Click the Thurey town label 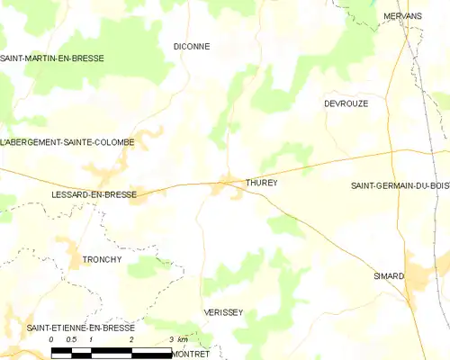point(261,183)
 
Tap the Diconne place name point(191,46)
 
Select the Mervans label point(402,16)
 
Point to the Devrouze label point(346,103)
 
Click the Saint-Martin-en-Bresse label point(52,58)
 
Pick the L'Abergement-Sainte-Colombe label point(67,142)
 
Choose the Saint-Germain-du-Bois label point(400,185)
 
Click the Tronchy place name point(102,259)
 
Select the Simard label point(389,276)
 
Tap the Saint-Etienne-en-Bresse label point(80,328)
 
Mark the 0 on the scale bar point(51,339)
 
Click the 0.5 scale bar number point(70,339)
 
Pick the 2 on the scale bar point(131,339)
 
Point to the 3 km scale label point(178,339)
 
